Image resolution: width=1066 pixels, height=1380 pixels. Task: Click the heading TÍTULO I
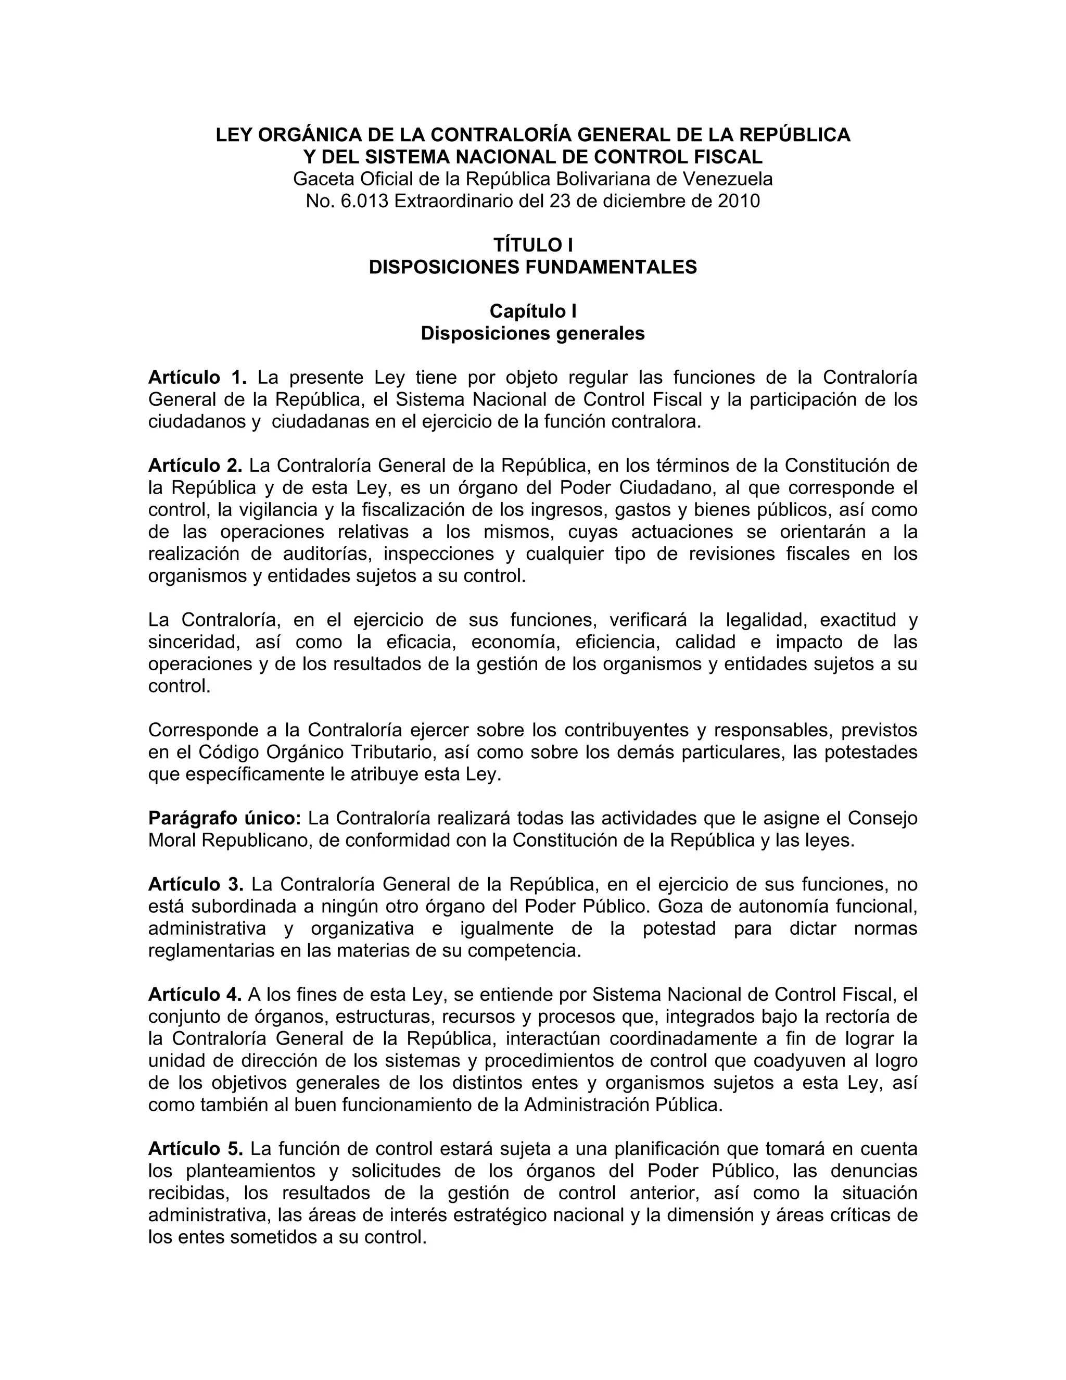tap(532, 245)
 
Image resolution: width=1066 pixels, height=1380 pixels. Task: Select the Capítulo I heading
tap(532, 311)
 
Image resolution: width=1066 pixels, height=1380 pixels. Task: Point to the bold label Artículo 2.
tap(195, 466)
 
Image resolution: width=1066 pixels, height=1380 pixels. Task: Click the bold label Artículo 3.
tap(196, 885)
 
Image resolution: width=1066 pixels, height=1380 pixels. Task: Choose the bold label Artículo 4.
tap(195, 995)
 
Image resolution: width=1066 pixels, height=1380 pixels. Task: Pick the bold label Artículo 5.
tap(196, 1149)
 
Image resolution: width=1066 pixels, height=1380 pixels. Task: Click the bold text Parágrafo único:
tap(225, 818)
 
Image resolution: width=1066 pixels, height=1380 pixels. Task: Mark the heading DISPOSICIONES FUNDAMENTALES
tap(532, 267)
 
